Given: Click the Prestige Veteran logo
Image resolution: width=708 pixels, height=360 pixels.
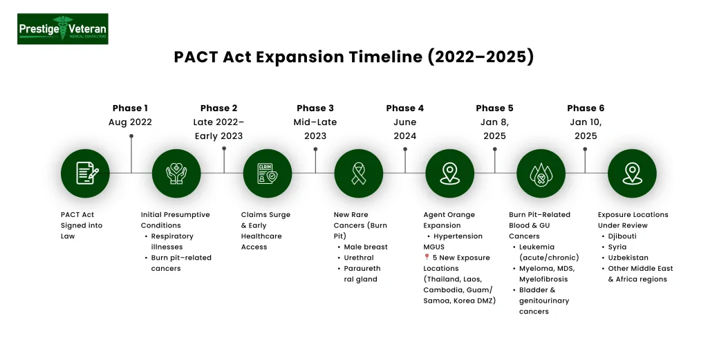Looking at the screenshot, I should click(63, 29).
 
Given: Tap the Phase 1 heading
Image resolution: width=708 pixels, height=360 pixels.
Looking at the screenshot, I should click(130, 108).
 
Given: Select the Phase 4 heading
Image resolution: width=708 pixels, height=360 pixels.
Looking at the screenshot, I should click(404, 108).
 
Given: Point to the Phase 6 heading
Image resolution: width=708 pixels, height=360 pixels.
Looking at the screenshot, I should click(585, 108).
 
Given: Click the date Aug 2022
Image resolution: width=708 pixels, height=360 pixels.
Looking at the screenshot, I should click(130, 122).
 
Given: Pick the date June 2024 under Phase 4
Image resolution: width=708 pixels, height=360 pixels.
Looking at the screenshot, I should click(404, 129).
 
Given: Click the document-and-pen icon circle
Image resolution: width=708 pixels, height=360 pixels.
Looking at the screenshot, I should click(85, 173).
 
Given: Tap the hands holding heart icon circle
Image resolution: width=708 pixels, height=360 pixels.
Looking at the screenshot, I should click(176, 173).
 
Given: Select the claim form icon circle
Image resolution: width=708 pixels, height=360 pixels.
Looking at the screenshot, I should click(268, 173).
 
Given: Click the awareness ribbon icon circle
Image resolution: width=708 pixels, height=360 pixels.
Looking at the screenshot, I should click(358, 173).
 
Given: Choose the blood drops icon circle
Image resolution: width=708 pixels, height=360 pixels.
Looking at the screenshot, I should click(540, 173).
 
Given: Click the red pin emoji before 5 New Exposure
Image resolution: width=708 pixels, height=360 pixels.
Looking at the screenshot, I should click(427, 258).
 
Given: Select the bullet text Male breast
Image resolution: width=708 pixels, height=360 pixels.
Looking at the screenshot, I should click(366, 247).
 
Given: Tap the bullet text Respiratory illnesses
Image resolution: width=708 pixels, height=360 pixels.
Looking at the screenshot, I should click(172, 241).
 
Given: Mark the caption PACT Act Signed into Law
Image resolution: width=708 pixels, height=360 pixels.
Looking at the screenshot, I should click(77, 225).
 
